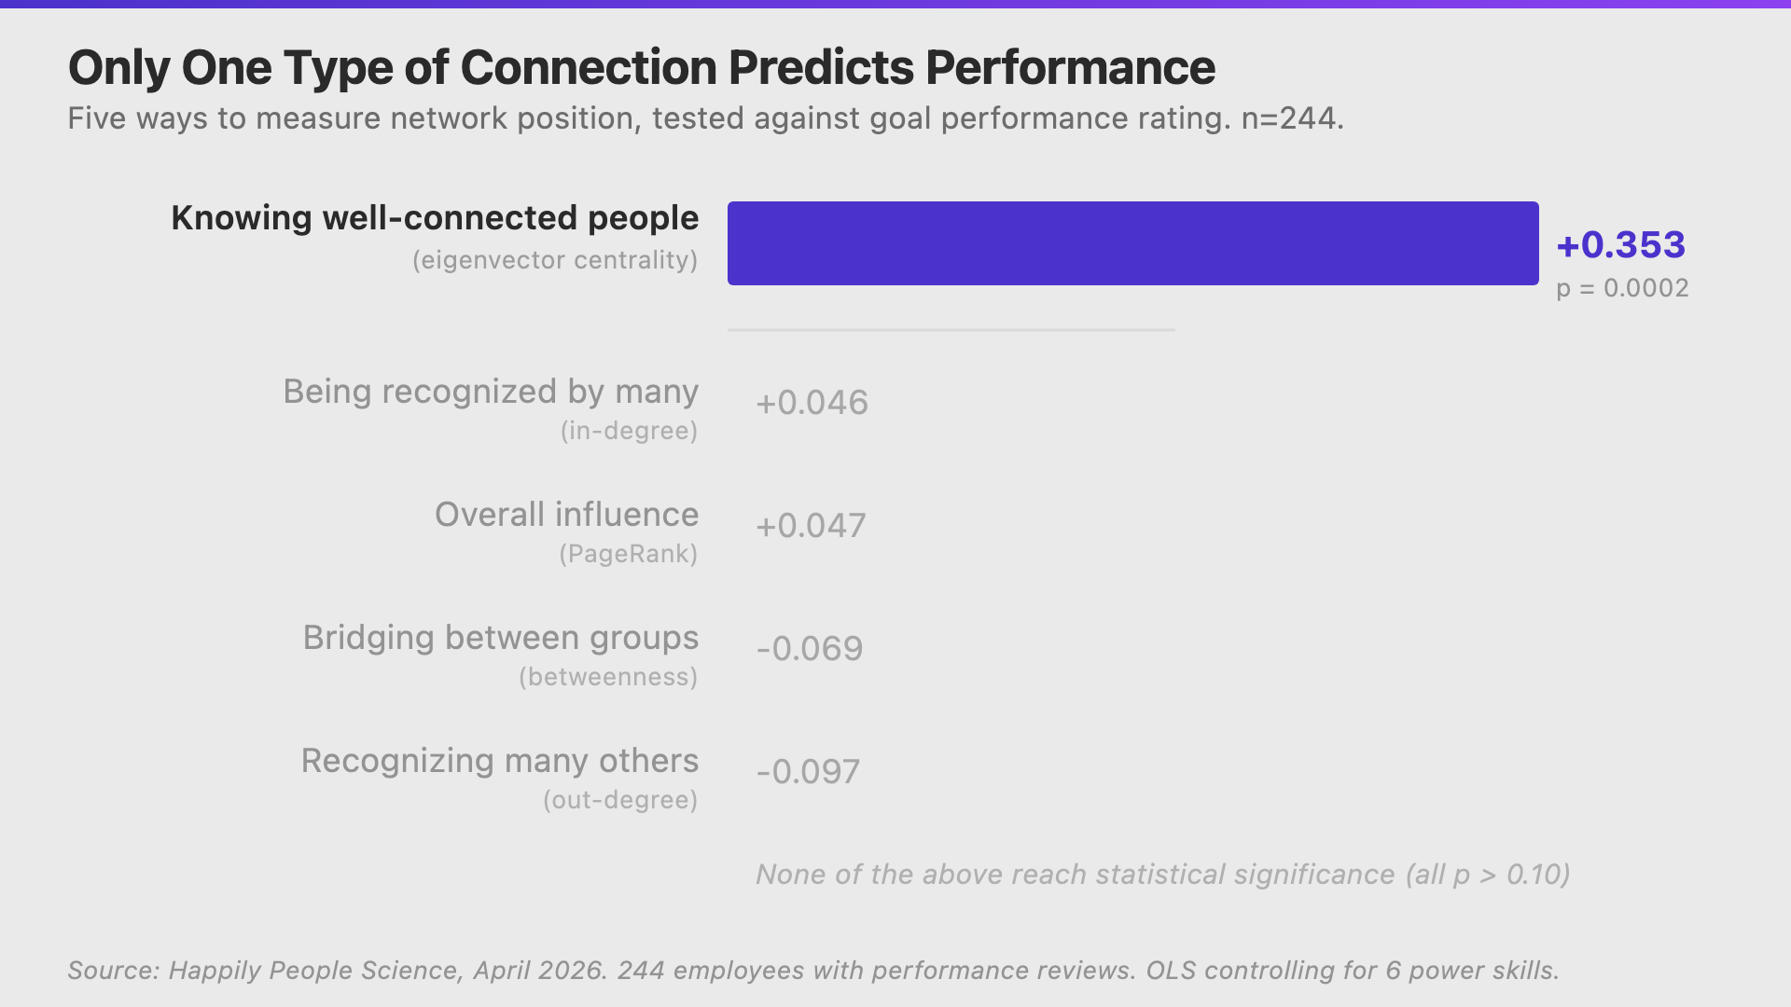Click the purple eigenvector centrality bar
pyautogui.click(x=1132, y=243)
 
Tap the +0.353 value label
pyautogui.click(x=1620, y=245)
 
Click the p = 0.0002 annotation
pyautogui.click(x=1622, y=288)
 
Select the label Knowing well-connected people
pyautogui.click(x=435, y=218)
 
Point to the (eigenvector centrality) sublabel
pyautogui.click(x=555, y=260)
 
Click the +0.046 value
pyautogui.click(x=812, y=403)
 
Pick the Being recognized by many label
pyautogui.click(x=491, y=392)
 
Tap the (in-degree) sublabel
pyautogui.click(x=629, y=431)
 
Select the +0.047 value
pyautogui.click(x=811, y=526)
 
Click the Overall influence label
pyautogui.click(x=566, y=515)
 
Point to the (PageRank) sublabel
pyautogui.click(x=628, y=554)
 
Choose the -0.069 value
pyautogui.click(x=810, y=649)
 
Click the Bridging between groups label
pyautogui.click(x=500, y=638)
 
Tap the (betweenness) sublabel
pyautogui.click(x=608, y=677)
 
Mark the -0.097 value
pyautogui.click(x=808, y=772)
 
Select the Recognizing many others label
pyautogui.click(x=499, y=761)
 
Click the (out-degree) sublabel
pyautogui.click(x=620, y=800)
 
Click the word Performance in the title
pyautogui.click(x=1070, y=68)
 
